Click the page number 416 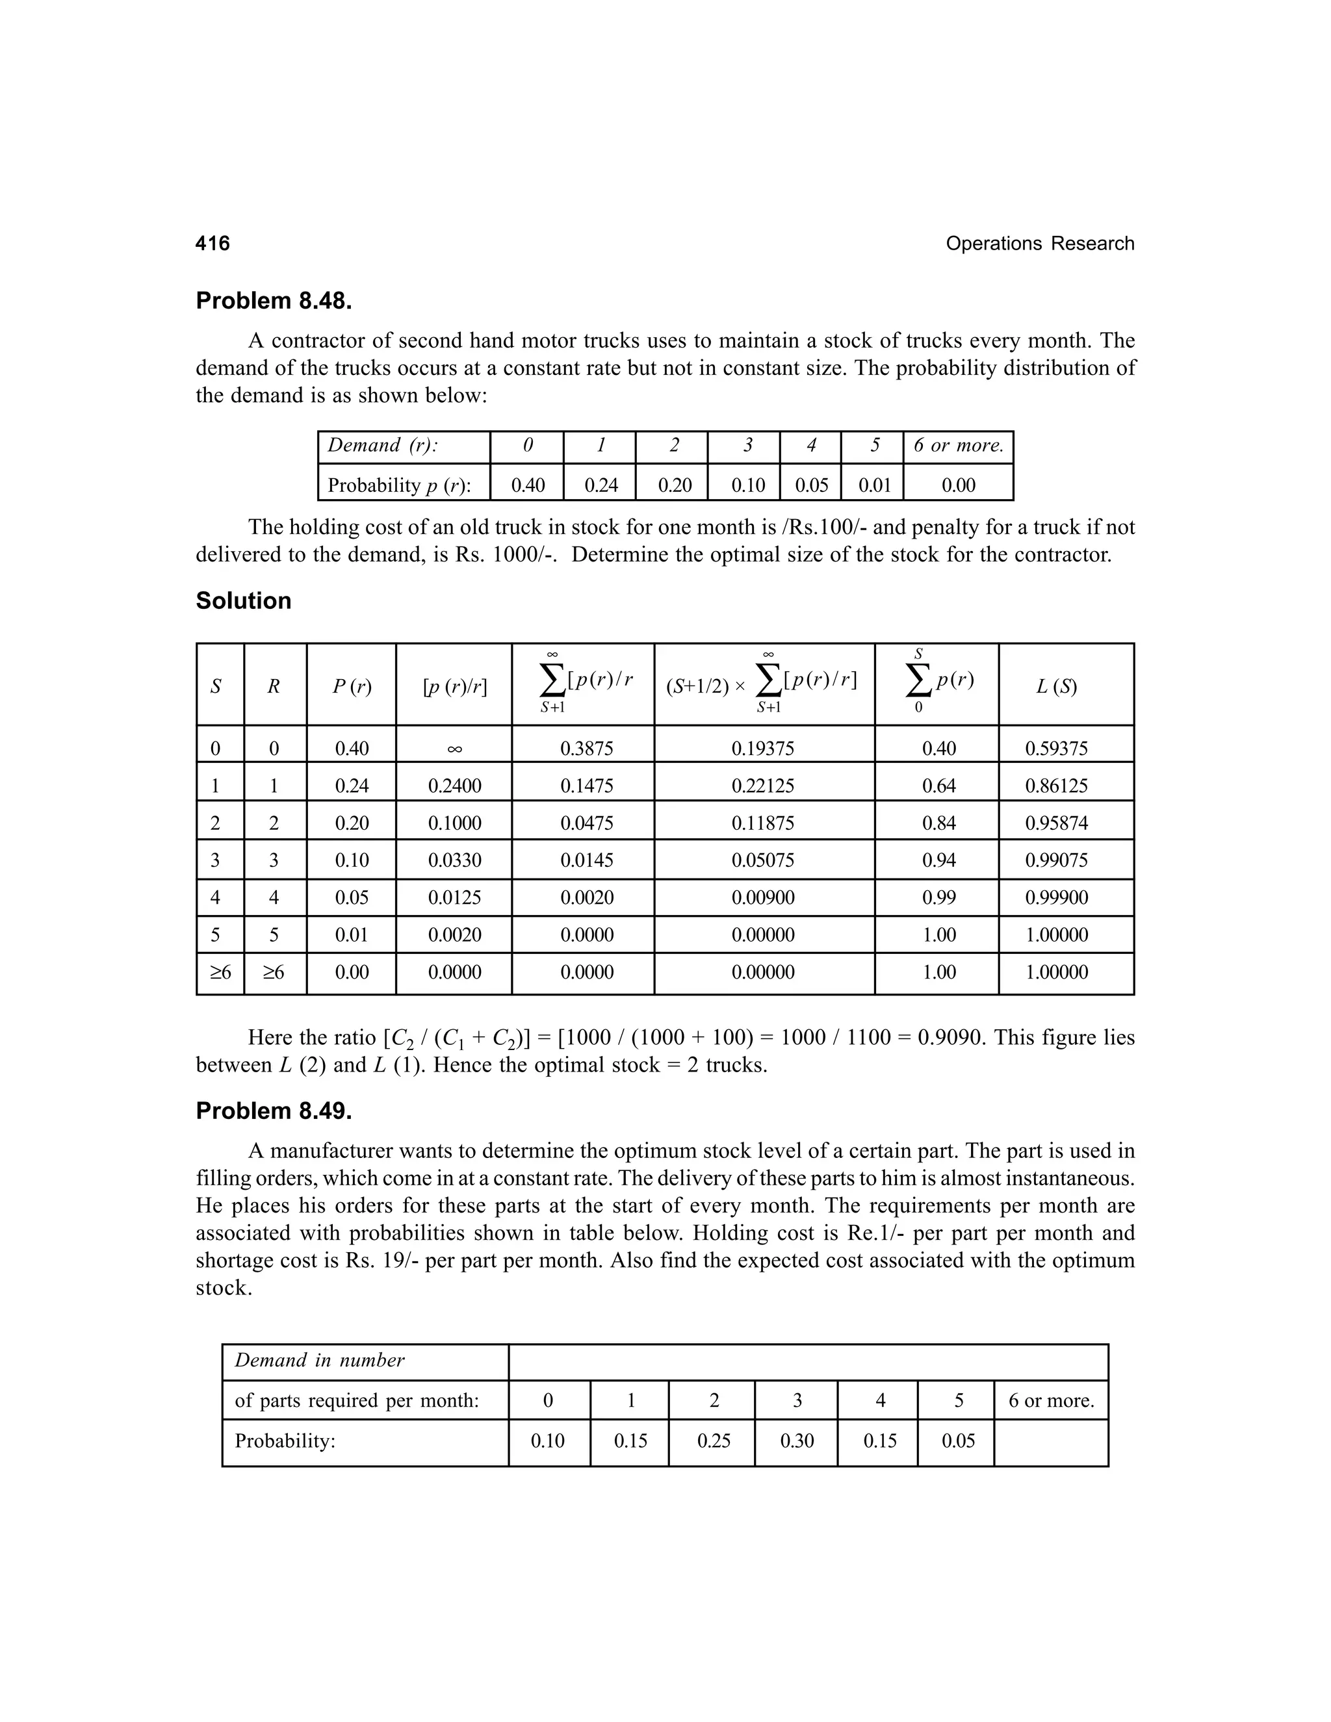pos(213,244)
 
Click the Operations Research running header pos(1039,244)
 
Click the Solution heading pos(243,601)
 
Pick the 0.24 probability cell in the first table pos(601,485)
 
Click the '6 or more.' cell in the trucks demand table pos(958,446)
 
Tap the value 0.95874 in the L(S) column pos(1057,823)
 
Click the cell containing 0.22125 pos(762,786)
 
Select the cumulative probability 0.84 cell pos(938,823)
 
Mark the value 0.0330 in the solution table pos(454,860)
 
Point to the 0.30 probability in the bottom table pos(796,1441)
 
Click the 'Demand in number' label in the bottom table pos(319,1360)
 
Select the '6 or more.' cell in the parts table pos(1051,1401)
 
